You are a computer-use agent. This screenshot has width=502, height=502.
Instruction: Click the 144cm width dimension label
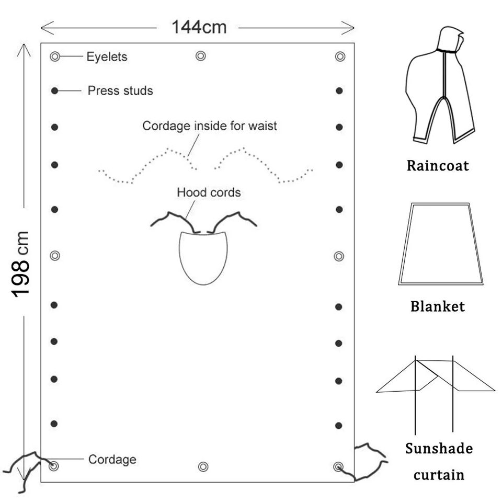(x=199, y=27)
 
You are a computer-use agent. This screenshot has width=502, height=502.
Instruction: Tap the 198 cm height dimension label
(x=20, y=264)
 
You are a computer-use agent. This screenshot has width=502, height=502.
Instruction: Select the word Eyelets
(x=107, y=56)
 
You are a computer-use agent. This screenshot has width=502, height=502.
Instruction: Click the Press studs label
(x=120, y=90)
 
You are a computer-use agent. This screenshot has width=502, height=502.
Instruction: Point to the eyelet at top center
(x=201, y=56)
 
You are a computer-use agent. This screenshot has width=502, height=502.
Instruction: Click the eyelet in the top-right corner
(x=340, y=56)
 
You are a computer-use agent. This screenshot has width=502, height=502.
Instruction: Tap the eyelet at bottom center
(x=203, y=466)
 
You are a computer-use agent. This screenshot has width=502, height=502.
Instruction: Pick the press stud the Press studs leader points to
(x=55, y=91)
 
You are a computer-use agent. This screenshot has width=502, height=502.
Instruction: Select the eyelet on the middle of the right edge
(x=339, y=256)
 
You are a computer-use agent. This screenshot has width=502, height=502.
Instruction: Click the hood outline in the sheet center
(x=179, y=256)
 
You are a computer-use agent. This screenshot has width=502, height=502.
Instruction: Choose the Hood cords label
(x=209, y=192)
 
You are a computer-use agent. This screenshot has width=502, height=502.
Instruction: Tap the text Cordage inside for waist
(x=210, y=126)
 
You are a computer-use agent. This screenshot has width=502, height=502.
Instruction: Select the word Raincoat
(x=438, y=166)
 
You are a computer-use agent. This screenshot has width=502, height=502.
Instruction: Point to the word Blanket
(x=438, y=306)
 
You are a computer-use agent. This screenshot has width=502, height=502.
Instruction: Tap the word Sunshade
(x=439, y=449)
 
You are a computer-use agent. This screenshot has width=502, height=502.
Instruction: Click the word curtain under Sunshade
(x=439, y=475)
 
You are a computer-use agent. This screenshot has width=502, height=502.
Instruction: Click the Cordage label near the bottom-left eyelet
(x=112, y=460)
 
